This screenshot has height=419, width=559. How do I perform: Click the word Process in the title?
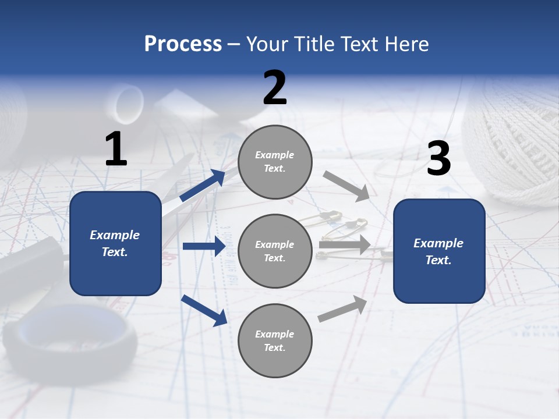pyautogui.click(x=183, y=44)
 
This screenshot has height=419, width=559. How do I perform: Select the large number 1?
pyautogui.click(x=116, y=148)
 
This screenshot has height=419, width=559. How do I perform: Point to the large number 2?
pyautogui.click(x=275, y=87)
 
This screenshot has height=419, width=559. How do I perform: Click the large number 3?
pyautogui.click(x=439, y=158)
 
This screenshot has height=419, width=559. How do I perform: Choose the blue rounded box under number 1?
pyautogui.click(x=115, y=243)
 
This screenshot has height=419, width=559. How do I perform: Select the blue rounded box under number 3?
pyautogui.click(x=439, y=251)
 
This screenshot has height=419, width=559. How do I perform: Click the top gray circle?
pyautogui.click(x=275, y=162)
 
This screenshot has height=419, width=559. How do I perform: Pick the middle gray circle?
pyautogui.click(x=275, y=251)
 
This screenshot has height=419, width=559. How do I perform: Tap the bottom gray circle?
pyautogui.click(x=275, y=340)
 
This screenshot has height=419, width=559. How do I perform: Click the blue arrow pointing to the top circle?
pyautogui.click(x=203, y=185)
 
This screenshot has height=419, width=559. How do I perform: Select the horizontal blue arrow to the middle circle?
pyautogui.click(x=204, y=246)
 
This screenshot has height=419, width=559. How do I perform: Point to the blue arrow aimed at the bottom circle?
pyautogui.click(x=204, y=311)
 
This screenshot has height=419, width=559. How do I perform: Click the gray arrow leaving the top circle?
pyautogui.click(x=346, y=186)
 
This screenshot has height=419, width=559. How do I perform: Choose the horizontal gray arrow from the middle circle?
pyautogui.click(x=345, y=244)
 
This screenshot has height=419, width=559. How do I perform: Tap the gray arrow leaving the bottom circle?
pyautogui.click(x=342, y=308)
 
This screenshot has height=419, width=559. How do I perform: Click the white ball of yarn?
pyautogui.click(x=512, y=144)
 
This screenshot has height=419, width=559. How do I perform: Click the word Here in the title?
pyautogui.click(x=407, y=44)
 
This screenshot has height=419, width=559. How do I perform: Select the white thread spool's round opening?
pyautogui.click(x=129, y=102)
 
